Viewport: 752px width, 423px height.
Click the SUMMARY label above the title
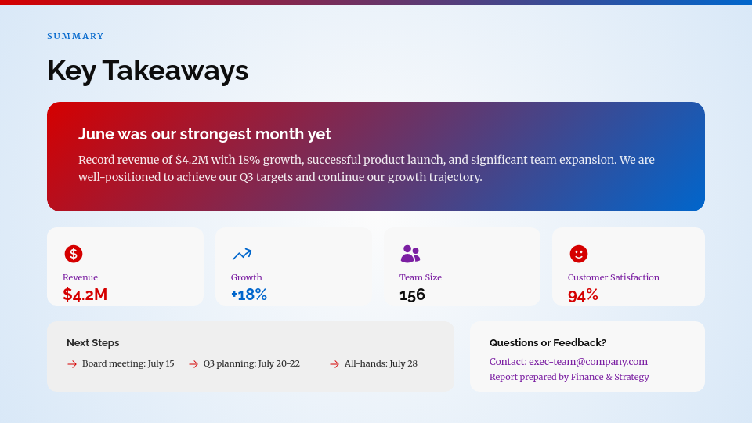coord(75,36)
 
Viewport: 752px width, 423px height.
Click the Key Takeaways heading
coord(147,70)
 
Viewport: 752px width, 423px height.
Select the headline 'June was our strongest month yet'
coord(204,134)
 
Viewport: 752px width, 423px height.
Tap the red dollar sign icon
coord(74,254)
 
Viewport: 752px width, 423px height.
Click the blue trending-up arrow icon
coord(241,254)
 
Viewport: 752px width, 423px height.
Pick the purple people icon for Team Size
coord(410,254)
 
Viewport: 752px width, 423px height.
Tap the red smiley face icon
coord(578,254)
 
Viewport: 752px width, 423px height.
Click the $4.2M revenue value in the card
coord(85,295)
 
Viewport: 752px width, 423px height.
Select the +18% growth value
coord(249,295)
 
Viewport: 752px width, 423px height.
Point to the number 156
coord(412,295)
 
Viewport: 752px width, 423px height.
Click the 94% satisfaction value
coord(583,295)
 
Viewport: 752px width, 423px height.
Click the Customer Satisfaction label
coord(613,277)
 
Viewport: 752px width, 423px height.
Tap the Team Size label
coord(421,277)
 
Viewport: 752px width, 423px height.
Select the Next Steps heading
coord(92,342)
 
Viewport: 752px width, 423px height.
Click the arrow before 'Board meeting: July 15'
coord(72,364)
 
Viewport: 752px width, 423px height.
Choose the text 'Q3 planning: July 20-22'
coord(251,363)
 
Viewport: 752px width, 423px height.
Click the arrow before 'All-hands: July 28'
coord(334,364)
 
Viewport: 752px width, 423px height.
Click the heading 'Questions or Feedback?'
coord(548,342)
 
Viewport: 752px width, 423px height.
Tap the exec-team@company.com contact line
coord(569,361)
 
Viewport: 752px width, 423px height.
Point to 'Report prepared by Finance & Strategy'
coord(569,377)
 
